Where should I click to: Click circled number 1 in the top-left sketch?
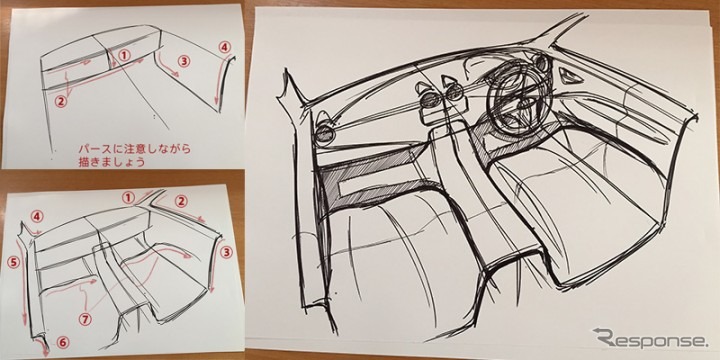click(x=124, y=55)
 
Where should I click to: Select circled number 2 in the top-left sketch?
click(x=61, y=101)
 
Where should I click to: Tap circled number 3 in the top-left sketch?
click(x=184, y=61)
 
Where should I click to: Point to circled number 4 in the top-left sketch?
click(x=224, y=46)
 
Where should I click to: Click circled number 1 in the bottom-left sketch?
click(x=129, y=198)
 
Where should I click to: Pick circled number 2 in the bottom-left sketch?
click(x=181, y=201)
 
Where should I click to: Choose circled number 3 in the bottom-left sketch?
click(x=226, y=252)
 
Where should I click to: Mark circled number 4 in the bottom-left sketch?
click(x=37, y=216)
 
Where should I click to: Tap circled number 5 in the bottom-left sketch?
click(x=14, y=262)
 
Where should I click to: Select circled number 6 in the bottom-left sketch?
click(x=63, y=342)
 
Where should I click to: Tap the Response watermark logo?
click(x=650, y=338)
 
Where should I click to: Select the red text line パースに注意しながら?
click(x=134, y=150)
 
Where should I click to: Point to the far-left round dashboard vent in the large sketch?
click(x=325, y=129)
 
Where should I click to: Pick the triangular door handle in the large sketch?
click(x=571, y=76)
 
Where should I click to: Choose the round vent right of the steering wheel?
click(x=542, y=63)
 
